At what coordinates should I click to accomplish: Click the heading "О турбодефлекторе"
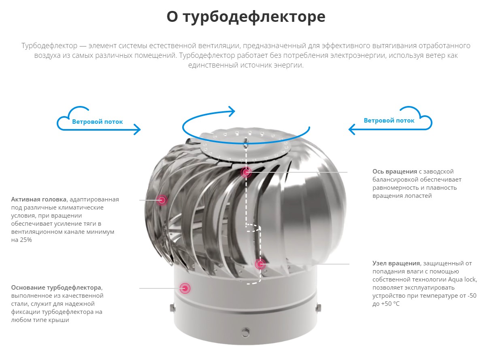(x=246, y=17)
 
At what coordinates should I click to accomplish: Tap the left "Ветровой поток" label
(x=98, y=122)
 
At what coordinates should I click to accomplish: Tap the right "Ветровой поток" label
(x=389, y=121)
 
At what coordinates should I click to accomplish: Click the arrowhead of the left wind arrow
(x=138, y=129)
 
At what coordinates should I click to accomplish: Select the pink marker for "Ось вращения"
(x=246, y=172)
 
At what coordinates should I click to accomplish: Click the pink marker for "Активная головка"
(x=162, y=200)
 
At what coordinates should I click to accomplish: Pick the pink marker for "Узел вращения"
(x=260, y=264)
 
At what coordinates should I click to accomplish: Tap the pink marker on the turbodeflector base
(x=185, y=288)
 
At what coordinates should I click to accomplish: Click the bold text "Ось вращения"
(x=395, y=172)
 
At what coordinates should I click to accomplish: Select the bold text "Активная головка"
(x=39, y=199)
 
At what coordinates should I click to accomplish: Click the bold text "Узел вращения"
(x=396, y=263)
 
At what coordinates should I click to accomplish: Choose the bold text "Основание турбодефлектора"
(x=56, y=288)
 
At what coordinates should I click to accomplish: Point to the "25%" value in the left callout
(x=27, y=240)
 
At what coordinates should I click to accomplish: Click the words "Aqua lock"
(x=462, y=280)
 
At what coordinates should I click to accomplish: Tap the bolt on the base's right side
(x=319, y=307)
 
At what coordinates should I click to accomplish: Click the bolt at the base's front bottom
(x=245, y=332)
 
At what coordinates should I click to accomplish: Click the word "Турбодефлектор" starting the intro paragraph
(x=49, y=46)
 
